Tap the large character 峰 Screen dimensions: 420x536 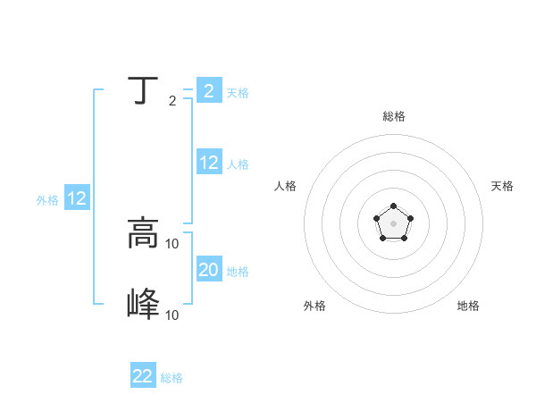143,305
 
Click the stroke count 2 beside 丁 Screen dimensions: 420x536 172,101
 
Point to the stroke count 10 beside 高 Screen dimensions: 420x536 172,243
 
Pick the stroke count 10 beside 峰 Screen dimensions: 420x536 172,315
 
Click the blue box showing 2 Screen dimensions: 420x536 209,91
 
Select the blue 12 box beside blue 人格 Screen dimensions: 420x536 209,163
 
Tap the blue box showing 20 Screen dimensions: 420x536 209,270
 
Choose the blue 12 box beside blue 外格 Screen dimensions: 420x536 77,198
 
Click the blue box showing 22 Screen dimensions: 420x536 143,376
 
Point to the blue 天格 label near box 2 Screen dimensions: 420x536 238,93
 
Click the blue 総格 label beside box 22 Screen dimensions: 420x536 172,378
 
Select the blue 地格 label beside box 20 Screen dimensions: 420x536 238,272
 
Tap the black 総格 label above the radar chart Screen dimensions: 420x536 393,116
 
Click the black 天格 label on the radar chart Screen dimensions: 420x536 502,186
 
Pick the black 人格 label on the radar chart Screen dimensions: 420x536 286,186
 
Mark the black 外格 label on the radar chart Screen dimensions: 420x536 314,306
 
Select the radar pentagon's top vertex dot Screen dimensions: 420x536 393,207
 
